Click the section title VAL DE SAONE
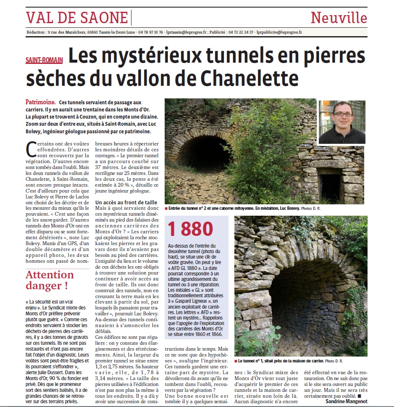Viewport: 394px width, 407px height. pos(77,18)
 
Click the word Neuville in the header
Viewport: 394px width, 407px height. pos(339,18)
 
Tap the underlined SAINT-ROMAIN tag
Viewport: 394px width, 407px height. pos(44,60)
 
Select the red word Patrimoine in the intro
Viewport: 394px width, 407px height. pos(40,102)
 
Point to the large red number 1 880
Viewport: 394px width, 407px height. pos(191,230)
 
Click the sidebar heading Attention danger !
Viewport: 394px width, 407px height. pos(50,280)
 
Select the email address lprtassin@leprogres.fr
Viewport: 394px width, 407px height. pos(186,32)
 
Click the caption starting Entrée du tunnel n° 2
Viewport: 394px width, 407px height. pos(233,208)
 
